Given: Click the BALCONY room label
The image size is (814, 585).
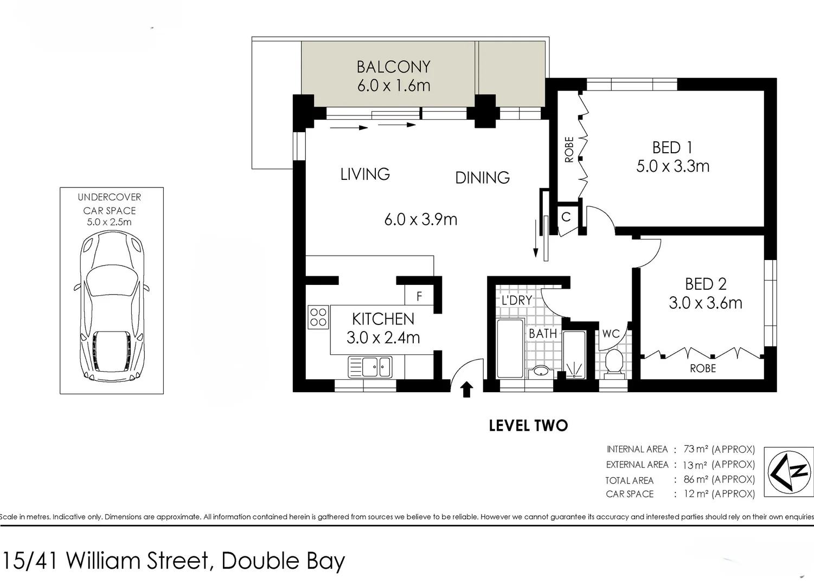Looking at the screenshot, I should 393,67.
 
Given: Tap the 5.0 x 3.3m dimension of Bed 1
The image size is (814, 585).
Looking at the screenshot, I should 672,166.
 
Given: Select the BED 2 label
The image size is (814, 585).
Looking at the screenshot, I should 705,284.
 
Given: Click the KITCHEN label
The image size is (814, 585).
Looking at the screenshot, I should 383,319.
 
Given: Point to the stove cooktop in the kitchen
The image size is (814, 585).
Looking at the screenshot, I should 318,317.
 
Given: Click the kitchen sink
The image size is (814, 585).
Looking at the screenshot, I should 370,367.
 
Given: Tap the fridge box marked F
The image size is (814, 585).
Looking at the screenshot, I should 419,296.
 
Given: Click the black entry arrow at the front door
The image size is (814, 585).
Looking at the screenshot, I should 466,389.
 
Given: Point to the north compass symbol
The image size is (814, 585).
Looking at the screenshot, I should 789,471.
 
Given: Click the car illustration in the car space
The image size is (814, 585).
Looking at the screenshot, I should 111,306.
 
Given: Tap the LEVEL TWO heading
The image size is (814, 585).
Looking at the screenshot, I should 528,426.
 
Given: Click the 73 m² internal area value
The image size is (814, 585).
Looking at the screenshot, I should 696,449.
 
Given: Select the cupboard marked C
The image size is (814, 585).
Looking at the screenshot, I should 566,217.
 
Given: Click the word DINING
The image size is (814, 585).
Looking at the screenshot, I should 482,178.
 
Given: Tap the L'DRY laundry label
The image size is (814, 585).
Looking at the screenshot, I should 516,300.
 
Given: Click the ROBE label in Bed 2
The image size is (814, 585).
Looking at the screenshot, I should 703,368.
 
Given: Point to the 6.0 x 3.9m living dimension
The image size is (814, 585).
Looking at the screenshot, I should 420,219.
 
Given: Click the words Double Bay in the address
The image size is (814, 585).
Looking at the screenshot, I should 283,561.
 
